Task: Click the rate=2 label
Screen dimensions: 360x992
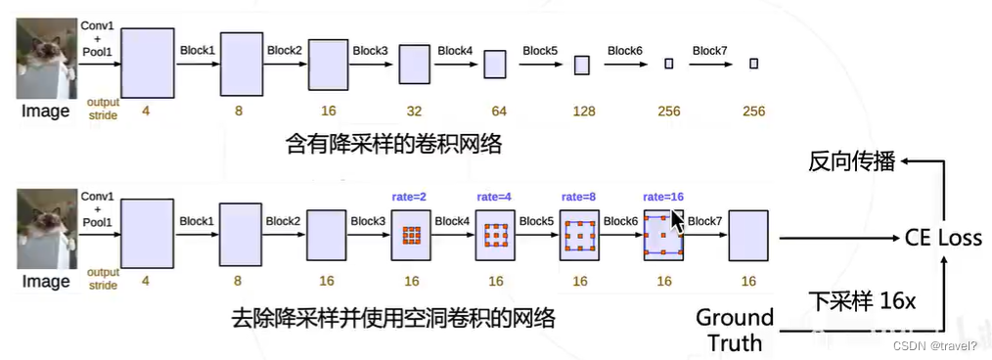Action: pyautogui.click(x=411, y=196)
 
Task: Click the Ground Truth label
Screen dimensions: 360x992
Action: pyautogui.click(x=735, y=330)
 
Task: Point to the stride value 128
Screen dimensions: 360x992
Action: pyautogui.click(x=583, y=112)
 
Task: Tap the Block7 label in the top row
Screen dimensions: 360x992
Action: pyautogui.click(x=709, y=50)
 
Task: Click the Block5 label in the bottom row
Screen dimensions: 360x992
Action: pyautogui.click(x=537, y=221)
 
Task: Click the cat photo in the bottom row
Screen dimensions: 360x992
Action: pyautogui.click(x=47, y=229)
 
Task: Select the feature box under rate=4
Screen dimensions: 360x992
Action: pyautogui.click(x=495, y=236)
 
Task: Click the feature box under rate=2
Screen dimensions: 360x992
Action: pyautogui.click(x=411, y=236)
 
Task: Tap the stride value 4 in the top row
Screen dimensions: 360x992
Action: pyautogui.click(x=146, y=112)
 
